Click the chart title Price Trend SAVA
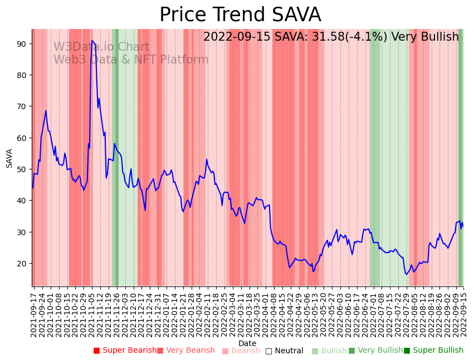click(240, 15)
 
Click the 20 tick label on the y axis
click(22, 263)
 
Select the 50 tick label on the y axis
click(22, 169)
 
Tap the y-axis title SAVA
click(9, 158)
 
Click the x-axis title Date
click(247, 344)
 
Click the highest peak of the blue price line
click(92, 40)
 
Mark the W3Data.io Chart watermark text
click(101, 47)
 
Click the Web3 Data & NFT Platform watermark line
click(131, 60)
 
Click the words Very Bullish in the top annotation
click(425, 37)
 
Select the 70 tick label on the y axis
click(22, 106)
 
